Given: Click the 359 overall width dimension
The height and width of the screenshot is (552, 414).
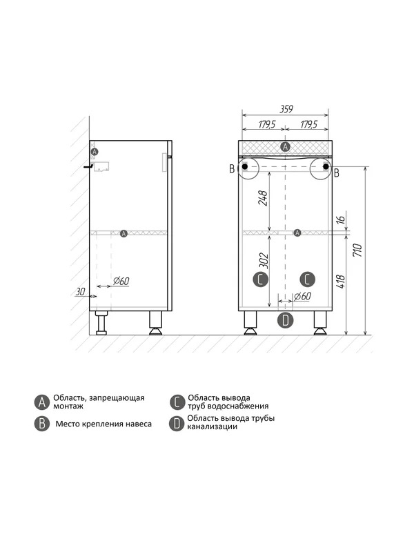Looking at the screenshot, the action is [286, 109].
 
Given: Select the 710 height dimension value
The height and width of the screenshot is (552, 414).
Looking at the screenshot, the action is [357, 250].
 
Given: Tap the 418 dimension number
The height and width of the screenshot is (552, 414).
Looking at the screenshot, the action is [341, 282].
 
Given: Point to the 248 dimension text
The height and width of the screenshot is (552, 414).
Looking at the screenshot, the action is [263, 198].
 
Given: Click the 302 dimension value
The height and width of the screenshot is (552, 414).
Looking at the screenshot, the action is [264, 261].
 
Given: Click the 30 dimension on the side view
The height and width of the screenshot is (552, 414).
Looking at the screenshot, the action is [81, 292].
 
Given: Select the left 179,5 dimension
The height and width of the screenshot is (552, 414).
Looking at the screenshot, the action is [267, 124].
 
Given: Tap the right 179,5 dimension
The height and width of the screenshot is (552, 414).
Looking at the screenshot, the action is [308, 124].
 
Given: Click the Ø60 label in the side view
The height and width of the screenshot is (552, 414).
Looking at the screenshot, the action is [121, 281].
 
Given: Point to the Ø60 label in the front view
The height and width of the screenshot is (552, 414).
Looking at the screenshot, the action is [303, 296].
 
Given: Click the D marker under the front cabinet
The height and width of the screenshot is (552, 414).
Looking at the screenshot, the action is [285, 320].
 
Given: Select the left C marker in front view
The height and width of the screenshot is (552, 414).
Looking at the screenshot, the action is [261, 279].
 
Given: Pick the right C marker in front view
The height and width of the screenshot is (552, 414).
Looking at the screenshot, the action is [307, 279].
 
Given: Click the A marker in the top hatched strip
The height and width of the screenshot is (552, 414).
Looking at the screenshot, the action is [286, 147].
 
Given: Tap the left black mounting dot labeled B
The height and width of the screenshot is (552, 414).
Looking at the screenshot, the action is [245, 166].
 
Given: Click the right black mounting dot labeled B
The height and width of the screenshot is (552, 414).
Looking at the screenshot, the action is [326, 166].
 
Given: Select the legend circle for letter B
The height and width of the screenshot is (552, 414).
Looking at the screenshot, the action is [42, 424].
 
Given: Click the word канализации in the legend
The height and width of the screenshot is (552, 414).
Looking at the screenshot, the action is [213, 427].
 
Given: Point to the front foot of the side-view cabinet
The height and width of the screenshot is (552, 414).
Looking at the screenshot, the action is [156, 323].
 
